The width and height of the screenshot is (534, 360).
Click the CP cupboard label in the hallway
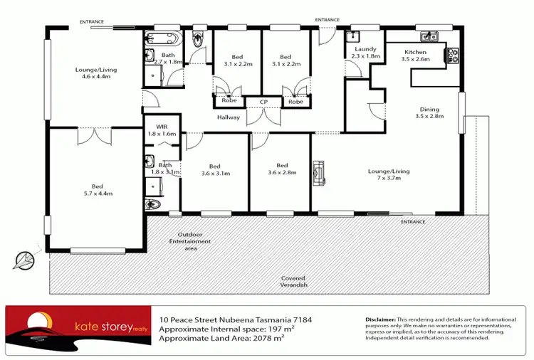tap(263, 102)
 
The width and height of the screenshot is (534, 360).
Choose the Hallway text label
tap(229, 117)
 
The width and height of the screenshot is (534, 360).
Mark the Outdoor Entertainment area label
tap(194, 241)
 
